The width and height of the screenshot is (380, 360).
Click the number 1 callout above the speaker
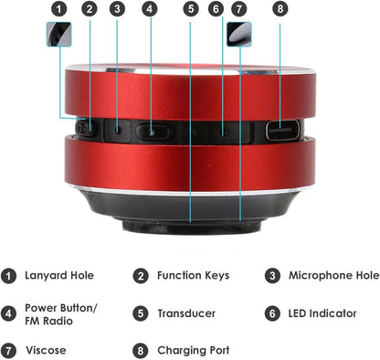click(x=58, y=9)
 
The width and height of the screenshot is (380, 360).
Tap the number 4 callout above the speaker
click(x=150, y=9)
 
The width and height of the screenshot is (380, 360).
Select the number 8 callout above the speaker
click(x=280, y=9)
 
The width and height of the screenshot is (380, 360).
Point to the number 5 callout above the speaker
click(x=191, y=9)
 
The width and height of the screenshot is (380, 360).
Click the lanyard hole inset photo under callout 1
click(x=59, y=34)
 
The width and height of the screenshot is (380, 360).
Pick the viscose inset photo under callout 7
click(x=239, y=34)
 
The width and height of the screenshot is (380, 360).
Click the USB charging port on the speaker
click(x=282, y=130)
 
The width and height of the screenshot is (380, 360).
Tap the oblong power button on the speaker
click(x=153, y=132)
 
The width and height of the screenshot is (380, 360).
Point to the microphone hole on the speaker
click(x=118, y=130)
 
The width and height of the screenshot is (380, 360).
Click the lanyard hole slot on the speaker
click(x=84, y=129)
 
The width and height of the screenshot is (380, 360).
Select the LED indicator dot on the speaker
click(x=224, y=133)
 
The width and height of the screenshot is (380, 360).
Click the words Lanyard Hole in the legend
click(x=59, y=275)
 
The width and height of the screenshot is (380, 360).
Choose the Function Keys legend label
click(x=193, y=275)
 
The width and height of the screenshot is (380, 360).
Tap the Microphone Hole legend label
click(x=334, y=275)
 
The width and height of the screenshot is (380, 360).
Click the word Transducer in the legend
click(x=186, y=313)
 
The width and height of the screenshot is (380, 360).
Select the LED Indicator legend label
click(x=322, y=313)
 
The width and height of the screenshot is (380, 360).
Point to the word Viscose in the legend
click(x=46, y=350)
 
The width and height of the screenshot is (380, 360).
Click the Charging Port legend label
click(x=194, y=351)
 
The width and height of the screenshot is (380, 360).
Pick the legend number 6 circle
click(x=272, y=313)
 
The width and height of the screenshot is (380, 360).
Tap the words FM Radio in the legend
click(x=48, y=321)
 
